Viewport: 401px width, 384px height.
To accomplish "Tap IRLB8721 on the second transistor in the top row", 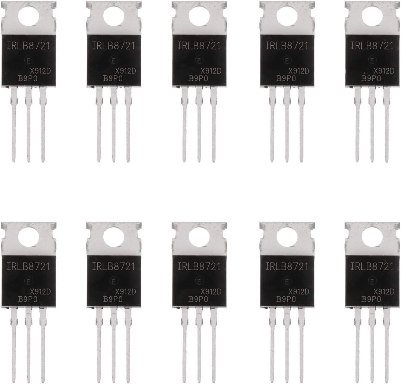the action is (x=114, y=46).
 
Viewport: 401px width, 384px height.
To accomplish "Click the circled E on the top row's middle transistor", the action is (x=199, y=61).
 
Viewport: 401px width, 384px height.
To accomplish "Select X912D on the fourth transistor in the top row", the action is (x=299, y=70).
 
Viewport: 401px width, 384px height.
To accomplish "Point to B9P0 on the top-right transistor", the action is (x=371, y=79).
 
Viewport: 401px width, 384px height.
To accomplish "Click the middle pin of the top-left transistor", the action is (x=29, y=126).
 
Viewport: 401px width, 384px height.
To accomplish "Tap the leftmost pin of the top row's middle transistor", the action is (x=184, y=126).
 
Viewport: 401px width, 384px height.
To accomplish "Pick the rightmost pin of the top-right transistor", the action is (x=386, y=126).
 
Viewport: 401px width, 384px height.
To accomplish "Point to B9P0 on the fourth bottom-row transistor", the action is (x=286, y=299).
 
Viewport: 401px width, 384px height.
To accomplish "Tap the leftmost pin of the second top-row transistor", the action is (x=99, y=126).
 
